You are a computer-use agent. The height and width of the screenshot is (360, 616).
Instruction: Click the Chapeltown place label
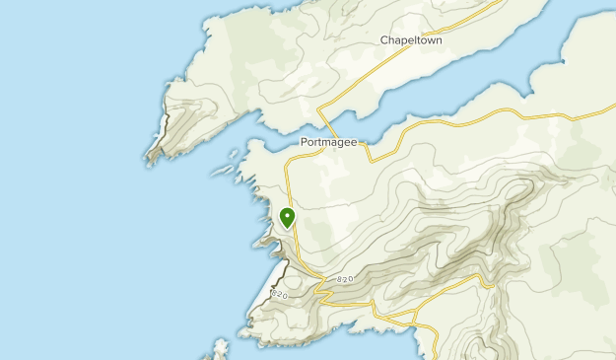click(x=411, y=41)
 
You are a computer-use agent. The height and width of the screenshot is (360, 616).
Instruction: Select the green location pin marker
click(x=288, y=218)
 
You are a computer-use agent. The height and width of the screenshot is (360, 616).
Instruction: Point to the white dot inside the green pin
click(x=288, y=214)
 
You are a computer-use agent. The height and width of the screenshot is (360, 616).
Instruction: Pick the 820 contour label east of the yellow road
click(x=344, y=280)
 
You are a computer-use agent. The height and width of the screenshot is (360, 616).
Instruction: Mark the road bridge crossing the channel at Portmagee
click(x=367, y=148)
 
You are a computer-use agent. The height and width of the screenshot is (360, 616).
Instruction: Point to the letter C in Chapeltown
click(x=384, y=41)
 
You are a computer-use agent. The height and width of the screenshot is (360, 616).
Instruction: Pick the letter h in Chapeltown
click(x=392, y=41)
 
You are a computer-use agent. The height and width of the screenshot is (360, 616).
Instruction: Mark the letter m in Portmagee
click(x=326, y=141)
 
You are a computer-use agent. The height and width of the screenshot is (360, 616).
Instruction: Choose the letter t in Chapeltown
click(x=414, y=41)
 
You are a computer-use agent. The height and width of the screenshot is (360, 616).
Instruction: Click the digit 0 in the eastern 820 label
click(x=350, y=279)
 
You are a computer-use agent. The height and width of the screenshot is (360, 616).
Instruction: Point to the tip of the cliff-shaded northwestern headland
click(x=149, y=159)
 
